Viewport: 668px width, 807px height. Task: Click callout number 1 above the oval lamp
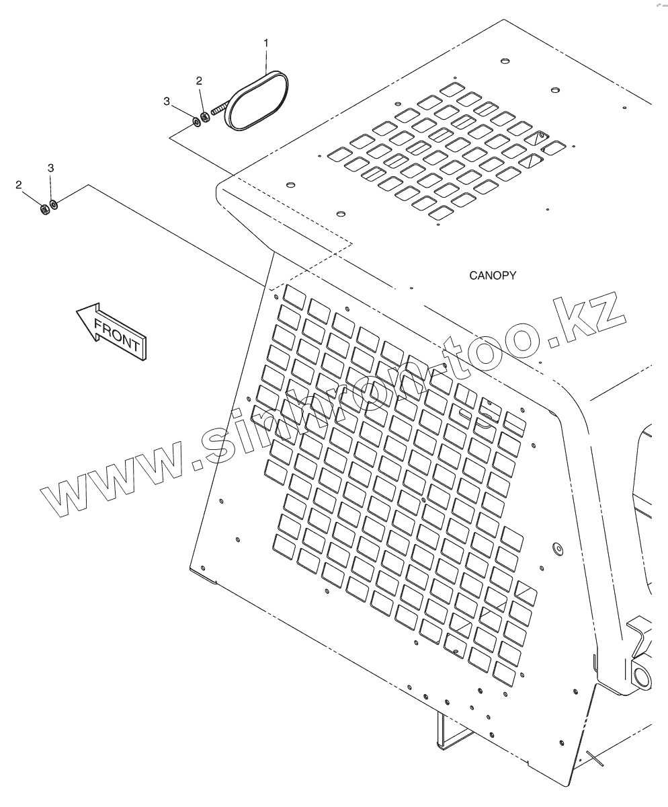[266, 43]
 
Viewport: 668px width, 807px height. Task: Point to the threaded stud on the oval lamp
[220, 108]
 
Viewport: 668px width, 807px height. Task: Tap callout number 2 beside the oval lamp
[199, 81]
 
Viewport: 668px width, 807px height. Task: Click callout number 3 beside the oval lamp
[167, 101]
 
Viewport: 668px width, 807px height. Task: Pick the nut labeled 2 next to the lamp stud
[206, 117]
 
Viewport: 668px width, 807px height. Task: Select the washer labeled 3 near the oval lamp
[196, 121]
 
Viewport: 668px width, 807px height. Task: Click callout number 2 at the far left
[19, 184]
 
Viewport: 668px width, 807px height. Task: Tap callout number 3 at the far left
[50, 167]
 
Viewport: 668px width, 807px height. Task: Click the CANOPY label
[493, 276]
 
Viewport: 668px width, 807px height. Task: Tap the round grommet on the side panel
[556, 549]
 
